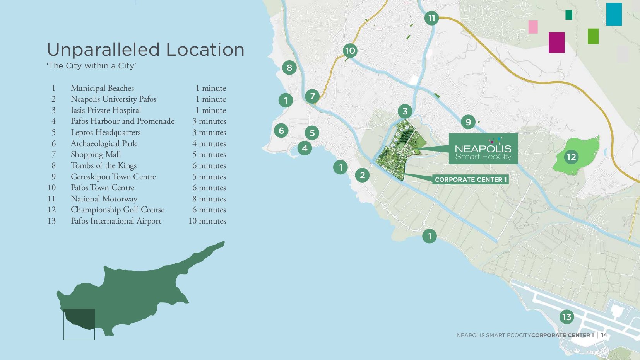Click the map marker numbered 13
[566, 317]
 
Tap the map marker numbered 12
[571, 157]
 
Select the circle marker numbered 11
[431, 18]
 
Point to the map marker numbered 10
[350, 51]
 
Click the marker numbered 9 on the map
[468, 122]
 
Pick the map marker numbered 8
[289, 68]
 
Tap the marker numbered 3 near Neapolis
[405, 111]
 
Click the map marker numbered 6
[281, 131]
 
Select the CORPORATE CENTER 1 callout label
[470, 179]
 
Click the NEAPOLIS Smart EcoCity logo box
[483, 149]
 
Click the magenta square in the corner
[556, 43]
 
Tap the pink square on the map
[533, 27]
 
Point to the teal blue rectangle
[614, 14]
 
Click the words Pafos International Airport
[116, 221]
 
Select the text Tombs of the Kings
[104, 165]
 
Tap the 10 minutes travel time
[207, 221]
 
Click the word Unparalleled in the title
[103, 50]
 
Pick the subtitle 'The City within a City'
[91, 66]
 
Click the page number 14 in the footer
[604, 335]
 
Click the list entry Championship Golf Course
[118, 210]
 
